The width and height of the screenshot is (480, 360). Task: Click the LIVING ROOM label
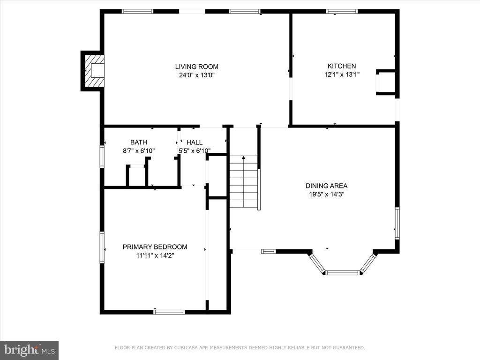(x=196, y=67)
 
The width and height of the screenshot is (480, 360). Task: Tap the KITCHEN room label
(x=342, y=66)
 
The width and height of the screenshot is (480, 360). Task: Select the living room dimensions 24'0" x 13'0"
(x=196, y=75)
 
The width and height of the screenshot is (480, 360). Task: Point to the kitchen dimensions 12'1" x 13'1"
(x=342, y=75)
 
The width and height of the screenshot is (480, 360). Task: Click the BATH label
(x=139, y=142)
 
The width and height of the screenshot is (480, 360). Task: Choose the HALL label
(x=195, y=142)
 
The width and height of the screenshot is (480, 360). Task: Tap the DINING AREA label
(x=326, y=186)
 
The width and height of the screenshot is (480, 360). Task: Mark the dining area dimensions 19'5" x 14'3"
(x=326, y=194)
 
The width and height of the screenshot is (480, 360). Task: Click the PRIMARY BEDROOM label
(x=155, y=247)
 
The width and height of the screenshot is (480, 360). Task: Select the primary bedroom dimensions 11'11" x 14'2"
(x=155, y=255)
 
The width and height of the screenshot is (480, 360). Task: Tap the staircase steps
(x=244, y=181)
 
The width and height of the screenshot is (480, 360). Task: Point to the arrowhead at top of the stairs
(x=244, y=157)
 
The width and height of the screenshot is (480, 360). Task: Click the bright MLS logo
(x=30, y=350)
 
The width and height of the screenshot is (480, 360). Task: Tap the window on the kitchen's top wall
(x=342, y=12)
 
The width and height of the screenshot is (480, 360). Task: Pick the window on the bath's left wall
(x=102, y=157)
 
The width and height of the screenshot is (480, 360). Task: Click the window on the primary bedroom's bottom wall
(x=169, y=312)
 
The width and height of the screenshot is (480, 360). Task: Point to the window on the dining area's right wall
(x=397, y=223)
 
